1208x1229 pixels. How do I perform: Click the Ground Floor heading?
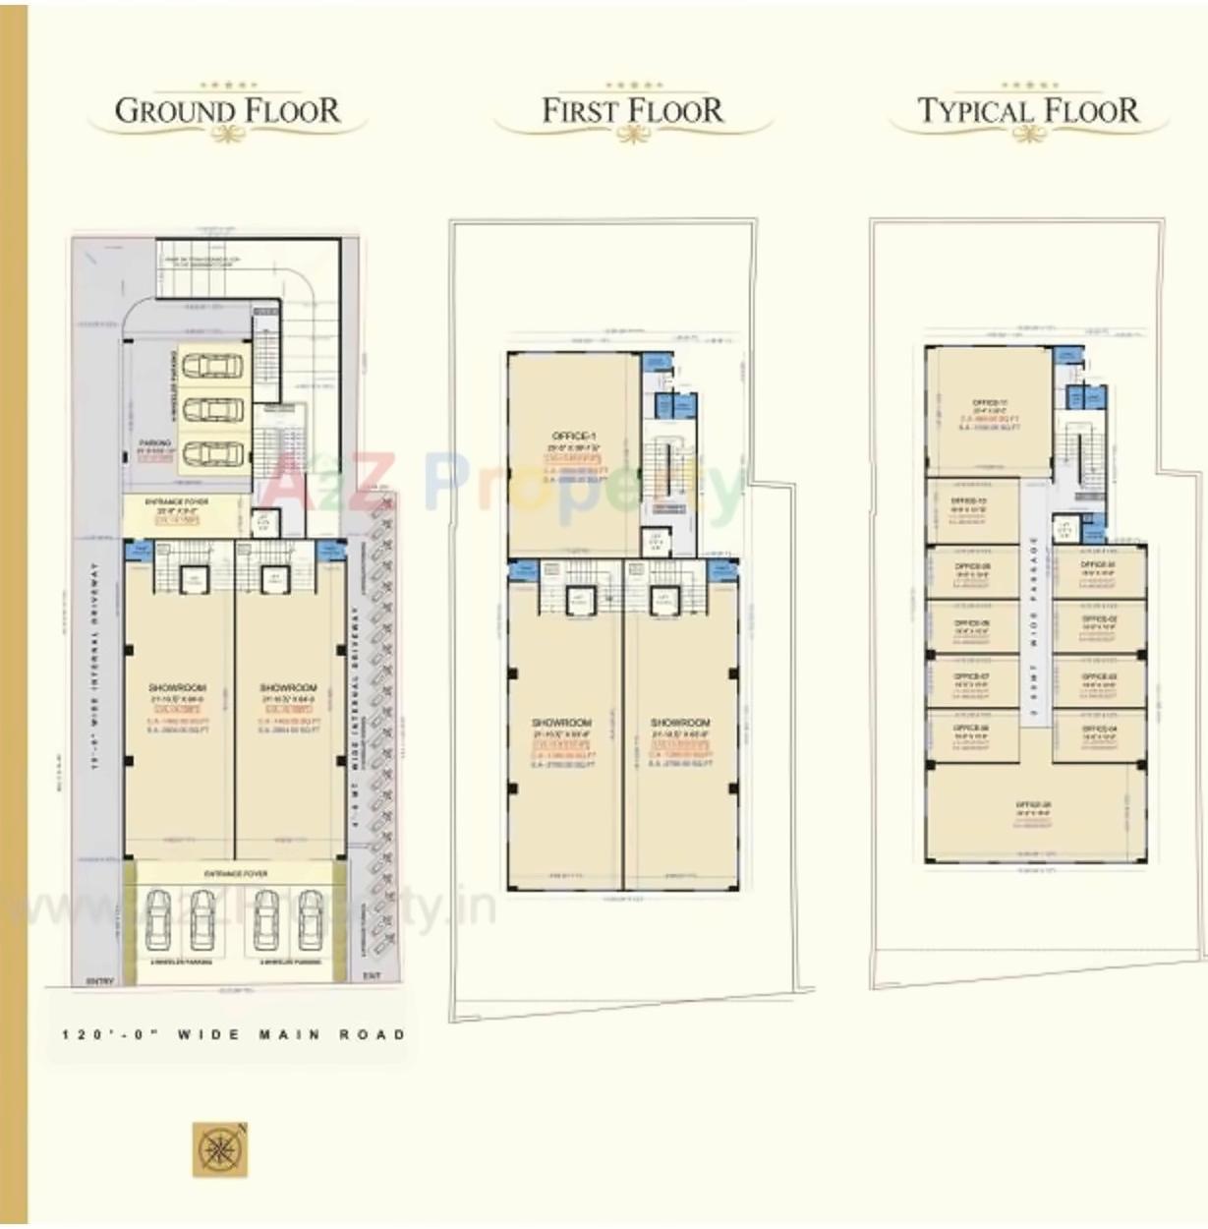[x=227, y=110]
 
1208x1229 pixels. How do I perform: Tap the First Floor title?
[x=632, y=110]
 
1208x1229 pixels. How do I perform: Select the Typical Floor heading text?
[x=1028, y=110]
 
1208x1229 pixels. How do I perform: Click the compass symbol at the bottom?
[x=219, y=1149]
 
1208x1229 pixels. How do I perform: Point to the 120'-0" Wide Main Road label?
[x=233, y=1034]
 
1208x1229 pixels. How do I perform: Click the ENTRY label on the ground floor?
[x=100, y=980]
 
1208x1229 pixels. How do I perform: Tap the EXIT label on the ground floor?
[x=372, y=975]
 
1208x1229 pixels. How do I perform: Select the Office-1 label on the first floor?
[x=573, y=436]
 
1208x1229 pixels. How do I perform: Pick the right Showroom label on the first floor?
[x=679, y=723]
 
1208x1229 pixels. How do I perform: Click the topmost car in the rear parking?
[x=213, y=366]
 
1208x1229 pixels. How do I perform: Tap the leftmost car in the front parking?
[x=158, y=918]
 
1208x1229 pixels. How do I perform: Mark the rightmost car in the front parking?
[x=311, y=918]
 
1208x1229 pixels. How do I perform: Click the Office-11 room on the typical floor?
[x=989, y=403]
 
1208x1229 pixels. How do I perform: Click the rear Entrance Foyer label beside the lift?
[x=177, y=502]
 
